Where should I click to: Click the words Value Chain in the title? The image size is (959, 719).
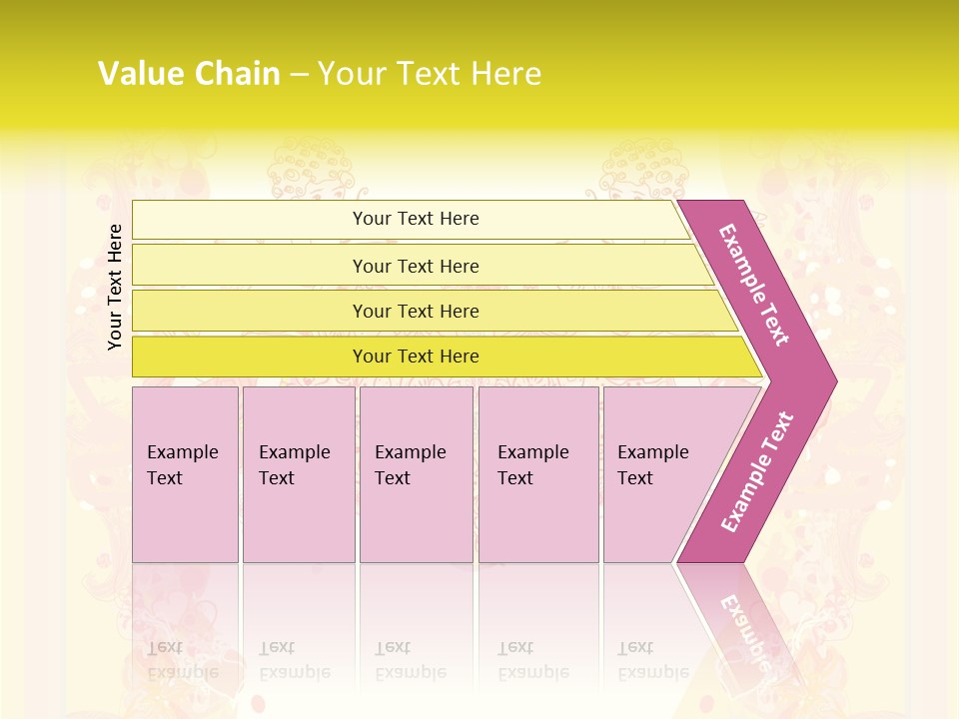189,74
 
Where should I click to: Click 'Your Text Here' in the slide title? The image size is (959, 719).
430,74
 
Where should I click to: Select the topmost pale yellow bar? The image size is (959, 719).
250,220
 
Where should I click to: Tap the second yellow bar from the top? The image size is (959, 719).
250,266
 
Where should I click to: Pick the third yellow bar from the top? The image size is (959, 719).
250,311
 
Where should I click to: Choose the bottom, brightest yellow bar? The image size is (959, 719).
250,357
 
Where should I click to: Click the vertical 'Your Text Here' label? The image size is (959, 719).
116,287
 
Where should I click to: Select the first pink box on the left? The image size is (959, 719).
185,519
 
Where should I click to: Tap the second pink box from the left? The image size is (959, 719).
299,519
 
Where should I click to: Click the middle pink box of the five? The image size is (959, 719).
416,519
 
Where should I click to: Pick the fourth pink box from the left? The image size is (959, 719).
538,519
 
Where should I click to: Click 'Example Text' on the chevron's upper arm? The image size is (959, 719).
754,285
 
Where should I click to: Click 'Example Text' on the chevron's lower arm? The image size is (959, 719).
757,472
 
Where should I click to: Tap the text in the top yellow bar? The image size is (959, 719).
416,219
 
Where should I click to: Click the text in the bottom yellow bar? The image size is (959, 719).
416,357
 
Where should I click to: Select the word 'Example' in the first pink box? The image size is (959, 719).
182,452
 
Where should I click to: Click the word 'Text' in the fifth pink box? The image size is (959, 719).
634,478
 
